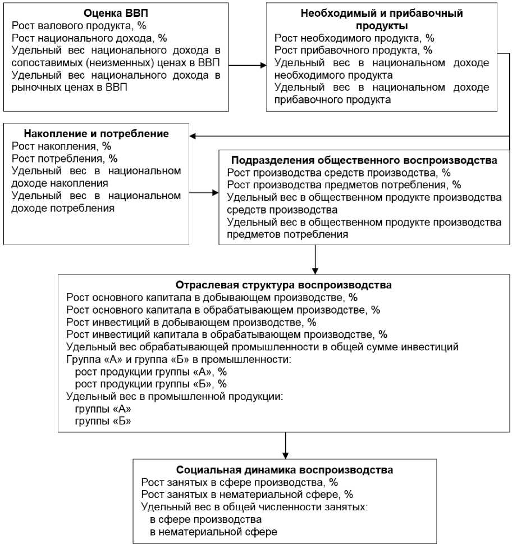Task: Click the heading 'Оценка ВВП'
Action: [x=116, y=12]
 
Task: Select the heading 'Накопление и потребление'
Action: [x=96, y=134]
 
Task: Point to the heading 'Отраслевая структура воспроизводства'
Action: [x=284, y=284]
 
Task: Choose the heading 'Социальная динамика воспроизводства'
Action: [x=285, y=469]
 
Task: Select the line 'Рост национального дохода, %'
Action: [x=89, y=38]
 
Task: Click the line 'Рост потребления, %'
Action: [x=65, y=158]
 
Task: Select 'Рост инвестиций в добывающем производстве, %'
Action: [x=191, y=322]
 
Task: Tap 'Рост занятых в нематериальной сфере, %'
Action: [x=247, y=494]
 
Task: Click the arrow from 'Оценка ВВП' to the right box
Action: [x=247, y=65]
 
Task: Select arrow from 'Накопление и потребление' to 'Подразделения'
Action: [x=203, y=193]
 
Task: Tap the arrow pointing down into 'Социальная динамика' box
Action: [x=286, y=447]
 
